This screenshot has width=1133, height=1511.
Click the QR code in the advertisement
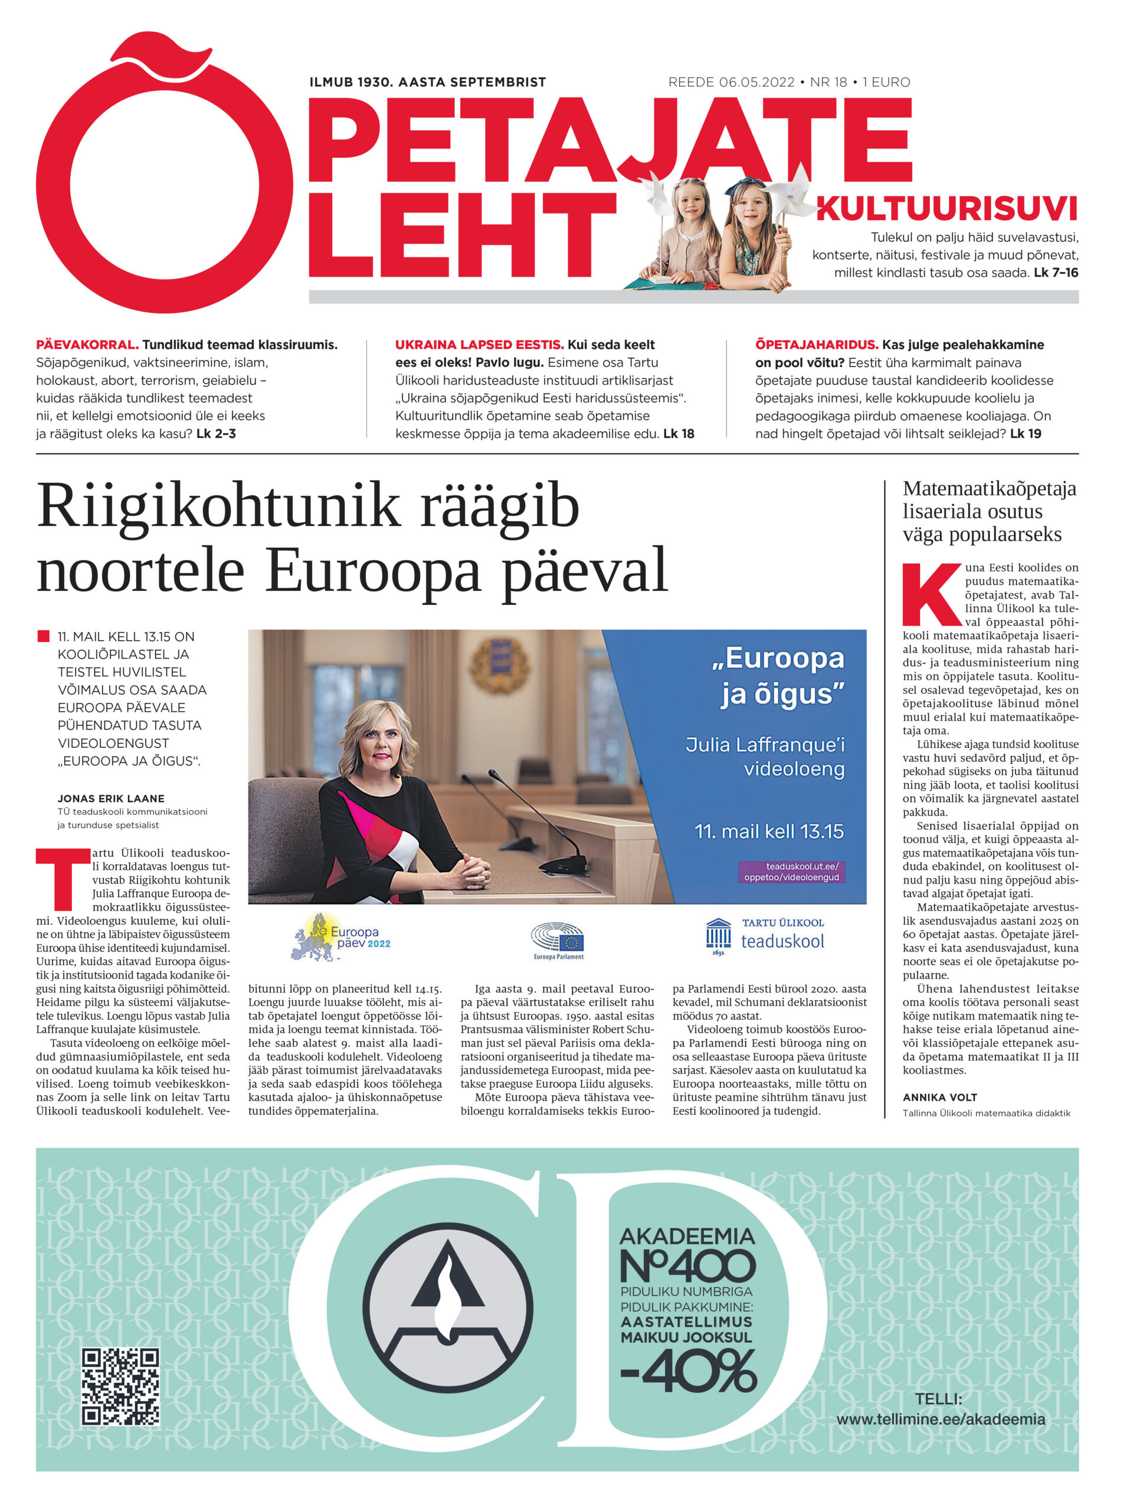click(x=120, y=1386)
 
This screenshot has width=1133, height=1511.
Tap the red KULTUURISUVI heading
click(x=947, y=209)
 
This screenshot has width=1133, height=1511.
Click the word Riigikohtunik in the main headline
click(x=218, y=506)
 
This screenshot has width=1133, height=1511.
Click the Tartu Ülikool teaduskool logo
click(x=765, y=937)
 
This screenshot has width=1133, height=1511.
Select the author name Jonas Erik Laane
click(x=110, y=798)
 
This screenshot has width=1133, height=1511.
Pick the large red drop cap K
click(x=931, y=594)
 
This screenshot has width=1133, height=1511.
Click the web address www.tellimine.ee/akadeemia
click(x=941, y=1420)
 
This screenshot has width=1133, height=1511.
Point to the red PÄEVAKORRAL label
click(x=87, y=345)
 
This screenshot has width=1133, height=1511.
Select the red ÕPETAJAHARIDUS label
click(x=816, y=345)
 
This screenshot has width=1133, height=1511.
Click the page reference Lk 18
click(x=678, y=433)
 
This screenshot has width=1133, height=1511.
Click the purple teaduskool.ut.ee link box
click(x=791, y=872)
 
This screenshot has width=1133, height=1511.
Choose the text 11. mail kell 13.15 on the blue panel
click(x=768, y=831)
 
